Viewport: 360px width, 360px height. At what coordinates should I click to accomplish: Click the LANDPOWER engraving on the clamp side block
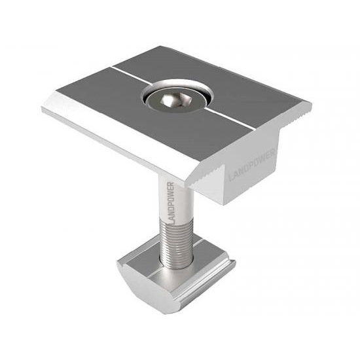coord(252,164)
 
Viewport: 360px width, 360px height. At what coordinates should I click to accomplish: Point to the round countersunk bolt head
coord(175,101)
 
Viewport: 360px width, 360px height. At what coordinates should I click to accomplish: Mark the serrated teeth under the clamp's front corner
coord(204,176)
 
